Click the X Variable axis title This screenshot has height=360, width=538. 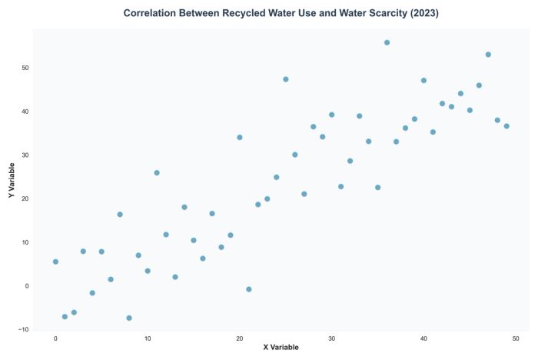(x=281, y=347)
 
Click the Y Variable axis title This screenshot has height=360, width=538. (x=12, y=179)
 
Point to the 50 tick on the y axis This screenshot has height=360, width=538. (x=25, y=68)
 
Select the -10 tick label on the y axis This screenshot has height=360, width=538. (x=24, y=330)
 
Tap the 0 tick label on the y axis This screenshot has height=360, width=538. (x=27, y=286)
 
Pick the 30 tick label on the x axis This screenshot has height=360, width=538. (x=331, y=338)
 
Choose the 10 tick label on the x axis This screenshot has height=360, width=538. (x=148, y=338)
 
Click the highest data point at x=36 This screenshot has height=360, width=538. (x=387, y=43)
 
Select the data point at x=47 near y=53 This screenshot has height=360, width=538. (x=488, y=55)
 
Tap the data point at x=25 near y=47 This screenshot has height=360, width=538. (x=286, y=79)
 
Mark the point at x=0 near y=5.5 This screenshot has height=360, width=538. (x=55, y=262)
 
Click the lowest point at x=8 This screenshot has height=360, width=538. (x=129, y=318)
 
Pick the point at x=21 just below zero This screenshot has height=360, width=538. (x=249, y=289)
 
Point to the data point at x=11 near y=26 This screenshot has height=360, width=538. (x=157, y=173)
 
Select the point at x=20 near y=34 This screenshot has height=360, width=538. (x=240, y=138)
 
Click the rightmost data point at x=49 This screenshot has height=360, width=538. (x=506, y=126)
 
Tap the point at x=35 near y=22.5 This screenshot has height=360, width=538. (x=377, y=188)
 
